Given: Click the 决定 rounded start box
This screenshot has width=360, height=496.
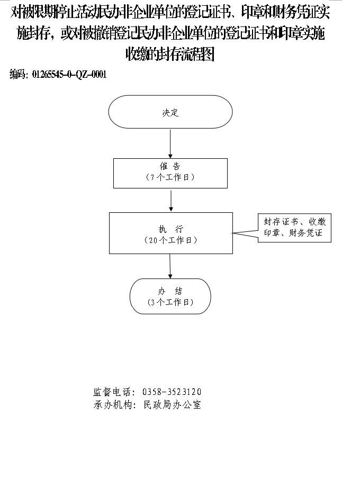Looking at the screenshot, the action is point(170,112).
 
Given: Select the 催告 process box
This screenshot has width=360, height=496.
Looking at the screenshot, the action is point(170,173).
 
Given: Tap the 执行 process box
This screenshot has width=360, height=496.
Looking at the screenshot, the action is point(171,233).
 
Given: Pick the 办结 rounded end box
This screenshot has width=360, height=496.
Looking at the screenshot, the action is point(170,296).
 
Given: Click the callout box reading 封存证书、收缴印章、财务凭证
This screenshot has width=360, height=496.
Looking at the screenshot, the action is point(294,228).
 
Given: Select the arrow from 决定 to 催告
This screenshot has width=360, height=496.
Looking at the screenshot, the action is point(170,143).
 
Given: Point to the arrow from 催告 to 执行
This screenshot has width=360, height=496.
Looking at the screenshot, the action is point(171,201).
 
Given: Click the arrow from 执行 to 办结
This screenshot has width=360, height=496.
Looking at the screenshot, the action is point(170,266).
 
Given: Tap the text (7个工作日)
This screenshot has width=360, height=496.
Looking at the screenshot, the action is point(170,177).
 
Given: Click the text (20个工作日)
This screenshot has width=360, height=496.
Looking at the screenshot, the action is point(171,240).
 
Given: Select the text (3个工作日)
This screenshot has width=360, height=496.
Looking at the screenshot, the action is point(170,302).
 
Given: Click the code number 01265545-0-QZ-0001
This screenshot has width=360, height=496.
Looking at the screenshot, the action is point(69,75).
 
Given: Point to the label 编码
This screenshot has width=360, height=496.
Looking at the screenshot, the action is point(18,74).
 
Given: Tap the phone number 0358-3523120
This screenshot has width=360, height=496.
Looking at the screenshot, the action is point(172,392).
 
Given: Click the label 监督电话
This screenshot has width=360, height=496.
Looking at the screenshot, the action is point(112,392).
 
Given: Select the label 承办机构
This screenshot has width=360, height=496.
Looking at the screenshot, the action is point(112,404).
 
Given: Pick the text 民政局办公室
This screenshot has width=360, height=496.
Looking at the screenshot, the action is point(173,404).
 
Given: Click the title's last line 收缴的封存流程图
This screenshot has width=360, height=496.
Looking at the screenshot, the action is point(170,54).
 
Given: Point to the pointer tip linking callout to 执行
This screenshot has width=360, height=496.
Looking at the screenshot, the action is point(233,233).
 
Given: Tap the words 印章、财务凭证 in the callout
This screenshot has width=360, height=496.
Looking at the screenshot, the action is point(293,233).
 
